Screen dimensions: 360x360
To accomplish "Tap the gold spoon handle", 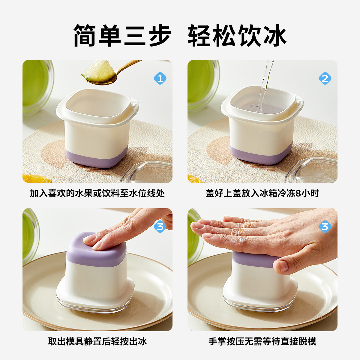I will click(129, 65).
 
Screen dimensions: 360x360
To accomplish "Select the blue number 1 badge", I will click(160, 79).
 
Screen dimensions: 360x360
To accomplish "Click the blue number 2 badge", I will click(325, 79).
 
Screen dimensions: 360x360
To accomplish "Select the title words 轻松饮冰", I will click(237, 35).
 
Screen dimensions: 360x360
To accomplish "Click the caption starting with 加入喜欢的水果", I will click(97, 193).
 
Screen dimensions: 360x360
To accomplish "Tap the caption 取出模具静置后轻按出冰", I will click(97, 341).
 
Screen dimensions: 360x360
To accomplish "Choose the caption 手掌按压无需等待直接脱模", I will click(262, 341).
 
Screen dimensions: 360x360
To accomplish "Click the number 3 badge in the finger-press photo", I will click(160, 227).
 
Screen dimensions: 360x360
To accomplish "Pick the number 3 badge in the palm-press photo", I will click(325, 227).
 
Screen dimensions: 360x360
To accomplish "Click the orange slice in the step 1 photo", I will click(35, 179).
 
